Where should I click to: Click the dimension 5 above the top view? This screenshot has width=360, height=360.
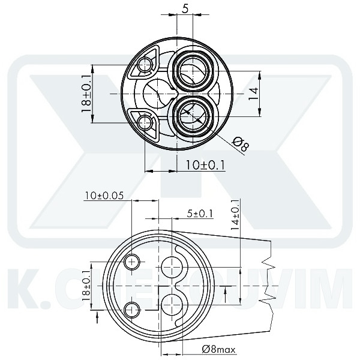coord(185,9)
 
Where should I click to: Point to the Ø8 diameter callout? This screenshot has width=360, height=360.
coord(240,144)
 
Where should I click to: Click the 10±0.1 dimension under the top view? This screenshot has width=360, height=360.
coord(205,164)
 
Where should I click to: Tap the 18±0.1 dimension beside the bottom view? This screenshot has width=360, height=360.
coord(88,285)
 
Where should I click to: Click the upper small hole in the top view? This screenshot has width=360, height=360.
coord(144,64)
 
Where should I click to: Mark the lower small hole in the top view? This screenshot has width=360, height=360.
coord(144,124)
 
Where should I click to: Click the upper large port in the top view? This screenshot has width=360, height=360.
coord(194,69)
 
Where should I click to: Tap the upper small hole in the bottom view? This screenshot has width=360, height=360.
coord(132,261)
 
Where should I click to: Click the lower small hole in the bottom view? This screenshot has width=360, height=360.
coord(132,309)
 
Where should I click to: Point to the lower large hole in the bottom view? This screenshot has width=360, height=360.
coord(171,303)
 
